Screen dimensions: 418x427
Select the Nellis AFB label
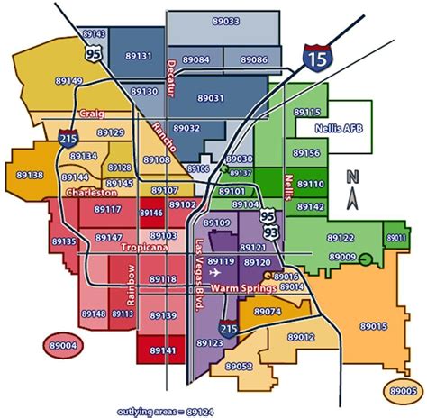click(335, 129)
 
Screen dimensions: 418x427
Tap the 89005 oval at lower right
click(398, 391)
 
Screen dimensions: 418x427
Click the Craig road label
click(92, 115)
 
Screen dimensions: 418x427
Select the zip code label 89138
click(30, 175)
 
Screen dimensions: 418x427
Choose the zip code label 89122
click(340, 238)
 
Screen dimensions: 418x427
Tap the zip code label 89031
click(210, 98)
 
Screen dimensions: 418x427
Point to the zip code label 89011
click(395, 238)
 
